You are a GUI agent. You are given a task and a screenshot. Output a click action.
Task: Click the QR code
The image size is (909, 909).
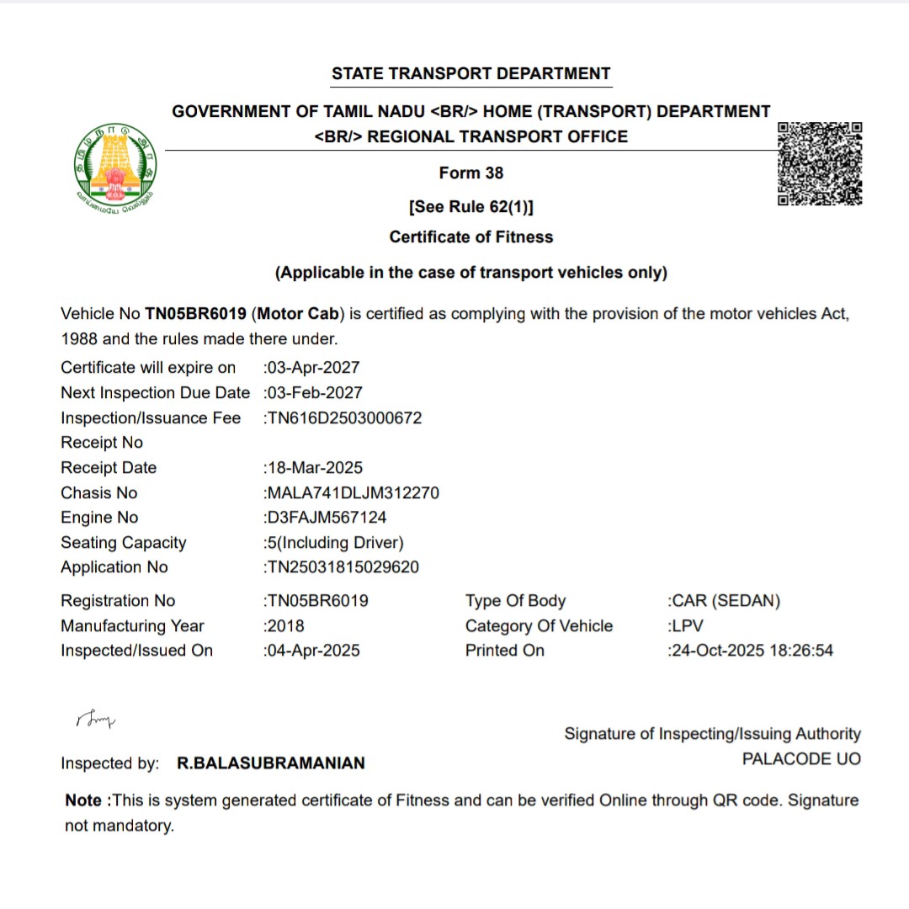click(x=819, y=163)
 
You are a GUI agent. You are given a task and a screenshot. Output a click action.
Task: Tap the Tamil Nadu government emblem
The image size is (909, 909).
click(x=115, y=166)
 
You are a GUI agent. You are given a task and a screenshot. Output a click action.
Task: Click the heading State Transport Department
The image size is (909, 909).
click(x=470, y=73)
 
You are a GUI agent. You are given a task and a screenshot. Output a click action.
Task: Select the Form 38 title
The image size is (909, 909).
click(x=470, y=173)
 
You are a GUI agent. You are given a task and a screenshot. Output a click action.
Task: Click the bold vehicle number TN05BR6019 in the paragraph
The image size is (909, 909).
click(x=195, y=314)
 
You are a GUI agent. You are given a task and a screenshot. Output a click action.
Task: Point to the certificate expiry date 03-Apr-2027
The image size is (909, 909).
click(x=312, y=368)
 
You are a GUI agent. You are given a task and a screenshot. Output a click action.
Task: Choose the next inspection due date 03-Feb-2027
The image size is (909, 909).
click(x=314, y=393)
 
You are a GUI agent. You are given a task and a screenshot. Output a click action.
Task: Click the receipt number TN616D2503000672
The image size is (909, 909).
click(x=343, y=418)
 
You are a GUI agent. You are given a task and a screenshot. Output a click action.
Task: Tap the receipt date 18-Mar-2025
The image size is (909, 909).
click(x=314, y=468)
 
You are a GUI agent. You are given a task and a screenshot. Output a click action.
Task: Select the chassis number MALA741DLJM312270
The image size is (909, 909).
click(x=352, y=493)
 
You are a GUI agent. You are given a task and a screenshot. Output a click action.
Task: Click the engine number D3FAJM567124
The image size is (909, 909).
click(x=326, y=518)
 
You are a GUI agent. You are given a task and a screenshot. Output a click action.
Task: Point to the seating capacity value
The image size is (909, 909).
click(x=334, y=543)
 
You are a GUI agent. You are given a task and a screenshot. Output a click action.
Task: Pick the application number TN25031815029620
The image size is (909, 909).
click(x=342, y=567)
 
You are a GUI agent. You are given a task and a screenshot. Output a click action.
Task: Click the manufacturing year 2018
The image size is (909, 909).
click(x=284, y=626)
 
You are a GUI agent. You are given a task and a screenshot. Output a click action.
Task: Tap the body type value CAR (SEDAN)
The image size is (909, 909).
click(x=725, y=601)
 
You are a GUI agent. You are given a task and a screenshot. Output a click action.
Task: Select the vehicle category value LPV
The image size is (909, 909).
click(x=686, y=626)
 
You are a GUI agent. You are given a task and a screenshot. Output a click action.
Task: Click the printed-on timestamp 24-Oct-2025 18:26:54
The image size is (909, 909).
click(x=751, y=651)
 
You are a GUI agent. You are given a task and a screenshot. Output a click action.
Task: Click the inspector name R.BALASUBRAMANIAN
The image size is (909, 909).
click(x=271, y=763)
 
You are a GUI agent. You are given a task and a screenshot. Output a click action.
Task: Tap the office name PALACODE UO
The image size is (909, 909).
click(x=801, y=759)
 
